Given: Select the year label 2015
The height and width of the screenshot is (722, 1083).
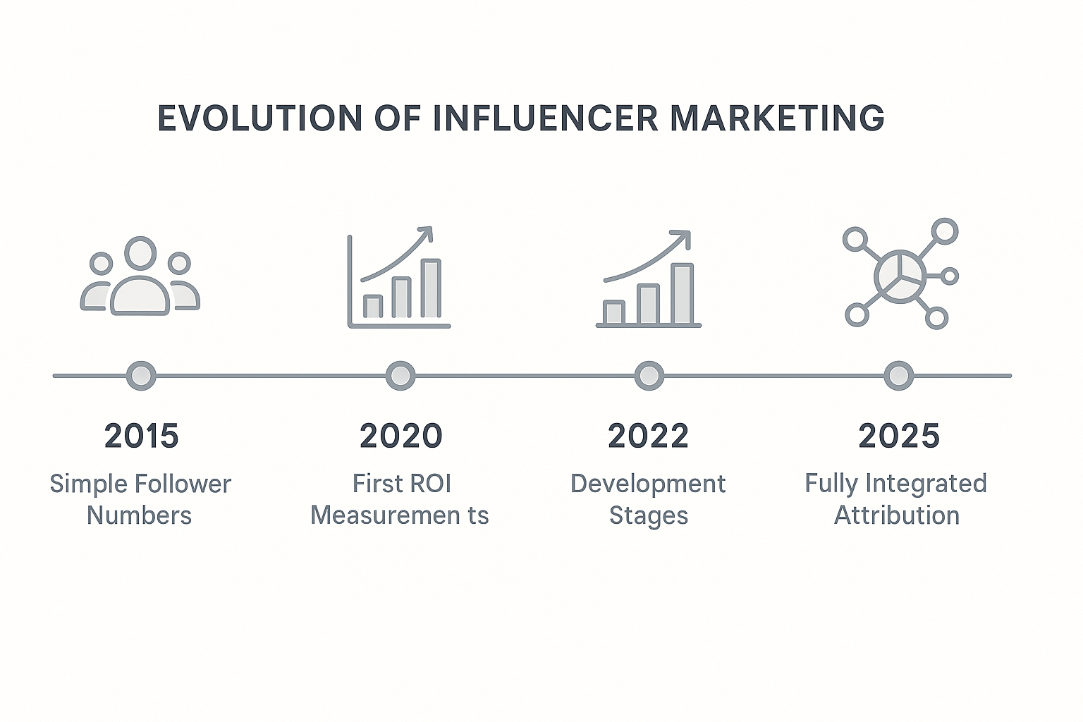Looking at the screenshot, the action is tap(141, 435).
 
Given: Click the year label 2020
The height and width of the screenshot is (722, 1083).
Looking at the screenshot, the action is tap(400, 435).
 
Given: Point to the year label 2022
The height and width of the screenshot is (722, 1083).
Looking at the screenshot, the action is tap(648, 435).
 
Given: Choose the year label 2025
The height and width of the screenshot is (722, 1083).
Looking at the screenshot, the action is tap(899, 435).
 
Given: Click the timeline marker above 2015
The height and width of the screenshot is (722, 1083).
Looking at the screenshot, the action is tap(141, 376).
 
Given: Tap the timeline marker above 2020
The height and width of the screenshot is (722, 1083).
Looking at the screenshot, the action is tap(400, 376).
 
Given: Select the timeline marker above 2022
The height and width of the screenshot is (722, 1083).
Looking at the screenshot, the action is tap(649, 376).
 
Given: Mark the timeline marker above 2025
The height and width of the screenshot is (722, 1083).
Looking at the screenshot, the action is tap(899, 376).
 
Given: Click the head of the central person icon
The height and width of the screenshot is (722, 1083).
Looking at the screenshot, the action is tap(141, 253).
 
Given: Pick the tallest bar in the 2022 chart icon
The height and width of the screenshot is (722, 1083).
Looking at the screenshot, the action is tap(683, 293).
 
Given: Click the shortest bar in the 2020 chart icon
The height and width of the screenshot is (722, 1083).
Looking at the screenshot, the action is tap(373, 306).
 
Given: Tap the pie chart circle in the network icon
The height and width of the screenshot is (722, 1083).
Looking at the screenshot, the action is tap(900, 276).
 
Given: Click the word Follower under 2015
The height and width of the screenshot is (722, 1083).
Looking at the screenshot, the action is tap(183, 484).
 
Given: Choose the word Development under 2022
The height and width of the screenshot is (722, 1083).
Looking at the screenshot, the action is tap(648, 485).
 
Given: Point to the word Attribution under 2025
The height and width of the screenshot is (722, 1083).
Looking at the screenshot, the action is tap(897, 515).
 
